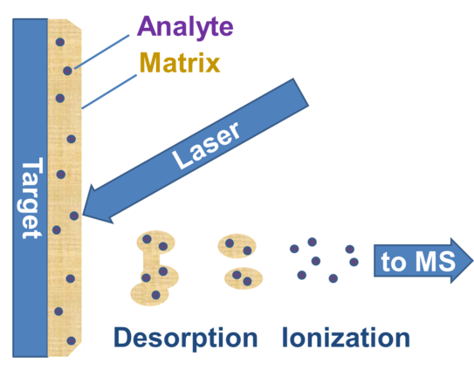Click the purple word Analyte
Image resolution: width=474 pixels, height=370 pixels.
[184, 26]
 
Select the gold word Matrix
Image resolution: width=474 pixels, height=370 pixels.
[180, 63]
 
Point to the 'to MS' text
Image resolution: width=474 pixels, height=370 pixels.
[408, 262]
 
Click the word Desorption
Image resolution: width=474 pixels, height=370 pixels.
[186, 337]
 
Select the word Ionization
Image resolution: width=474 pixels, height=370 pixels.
[346, 337]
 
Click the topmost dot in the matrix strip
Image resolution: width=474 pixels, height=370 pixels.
[59, 41]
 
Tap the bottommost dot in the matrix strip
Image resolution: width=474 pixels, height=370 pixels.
[71, 340]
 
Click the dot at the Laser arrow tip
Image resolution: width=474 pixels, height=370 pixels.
[74, 215]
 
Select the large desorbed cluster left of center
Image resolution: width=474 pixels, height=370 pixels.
[155, 267]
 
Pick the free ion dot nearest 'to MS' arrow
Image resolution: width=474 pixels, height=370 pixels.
[353, 261]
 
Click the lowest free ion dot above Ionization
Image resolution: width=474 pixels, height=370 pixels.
[333, 278]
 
